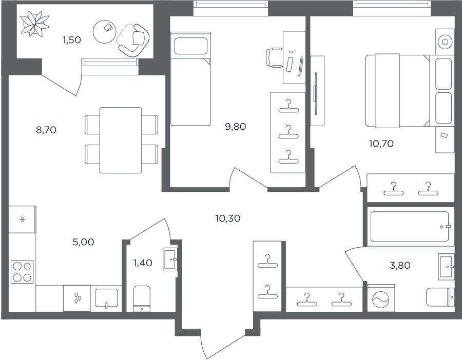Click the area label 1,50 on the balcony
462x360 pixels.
[71, 39]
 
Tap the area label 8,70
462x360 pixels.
[46, 130]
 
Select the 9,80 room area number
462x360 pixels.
[236, 127]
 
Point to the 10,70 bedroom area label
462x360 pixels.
[381, 144]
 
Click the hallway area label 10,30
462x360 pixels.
[228, 218]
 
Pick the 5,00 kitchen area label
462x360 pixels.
[83, 242]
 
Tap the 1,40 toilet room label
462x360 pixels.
[143, 263]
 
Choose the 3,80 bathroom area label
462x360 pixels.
[400, 266]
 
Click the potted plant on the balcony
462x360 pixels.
[34, 23]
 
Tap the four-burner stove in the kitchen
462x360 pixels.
[22, 272]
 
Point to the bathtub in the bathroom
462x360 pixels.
[410, 226]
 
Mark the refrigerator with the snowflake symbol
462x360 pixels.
[23, 219]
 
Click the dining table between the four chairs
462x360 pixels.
[121, 140]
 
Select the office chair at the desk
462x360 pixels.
[274, 57]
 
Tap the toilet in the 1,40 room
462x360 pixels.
[142, 298]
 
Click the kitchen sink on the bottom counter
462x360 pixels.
[106, 298]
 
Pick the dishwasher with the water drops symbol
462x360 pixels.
[77, 298]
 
